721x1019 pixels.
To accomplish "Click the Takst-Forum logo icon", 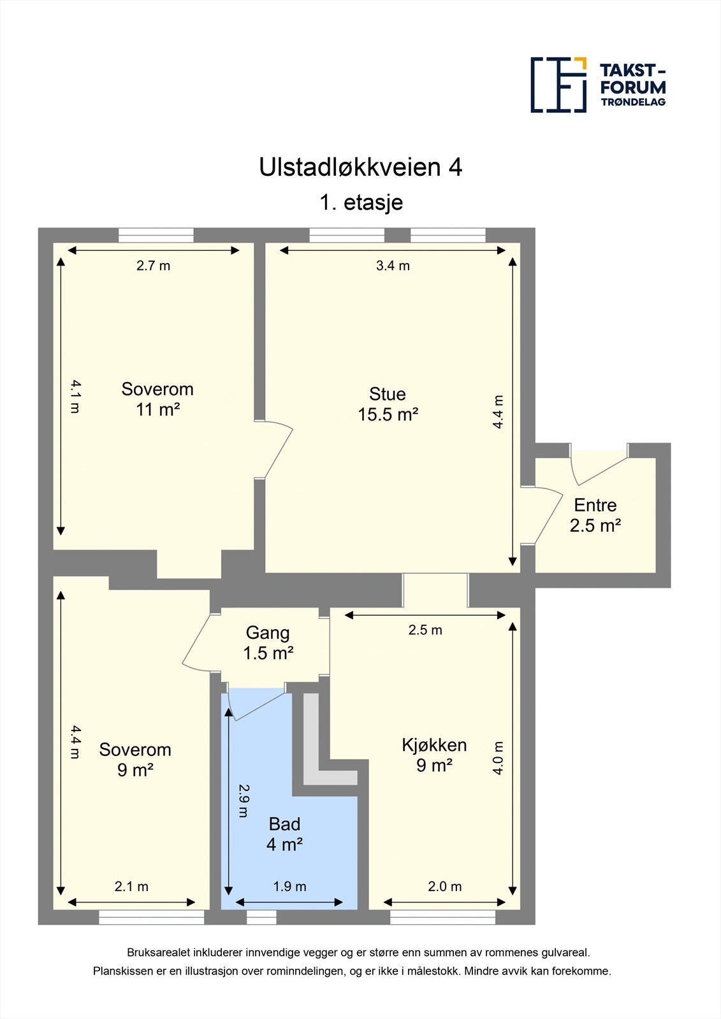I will click(x=558, y=85).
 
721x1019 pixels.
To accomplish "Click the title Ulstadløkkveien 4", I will click(x=360, y=167).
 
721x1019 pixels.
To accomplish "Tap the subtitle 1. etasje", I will click(x=361, y=203).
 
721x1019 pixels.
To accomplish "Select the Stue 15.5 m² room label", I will click(x=388, y=404).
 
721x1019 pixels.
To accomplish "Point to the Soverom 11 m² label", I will click(x=157, y=399).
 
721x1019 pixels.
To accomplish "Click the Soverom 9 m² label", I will click(x=135, y=760).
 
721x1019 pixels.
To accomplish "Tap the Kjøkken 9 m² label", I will click(x=434, y=755).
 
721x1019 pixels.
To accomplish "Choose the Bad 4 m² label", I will click(x=284, y=834).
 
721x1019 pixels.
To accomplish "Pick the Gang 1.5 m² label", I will click(x=268, y=643).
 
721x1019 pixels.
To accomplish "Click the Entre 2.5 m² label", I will click(x=595, y=515).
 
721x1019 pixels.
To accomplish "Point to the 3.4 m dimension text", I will click(x=393, y=266).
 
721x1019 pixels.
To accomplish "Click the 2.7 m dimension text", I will click(x=153, y=266).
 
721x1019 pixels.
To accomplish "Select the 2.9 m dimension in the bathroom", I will click(x=243, y=800).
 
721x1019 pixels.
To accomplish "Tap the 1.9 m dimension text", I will click(x=289, y=887).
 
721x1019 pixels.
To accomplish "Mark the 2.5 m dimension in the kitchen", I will click(x=425, y=630).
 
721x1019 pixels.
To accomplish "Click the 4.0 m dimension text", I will click(x=498, y=757).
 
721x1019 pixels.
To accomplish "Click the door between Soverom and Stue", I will click(x=276, y=450).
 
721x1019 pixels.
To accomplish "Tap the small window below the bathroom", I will click(x=261, y=917).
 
